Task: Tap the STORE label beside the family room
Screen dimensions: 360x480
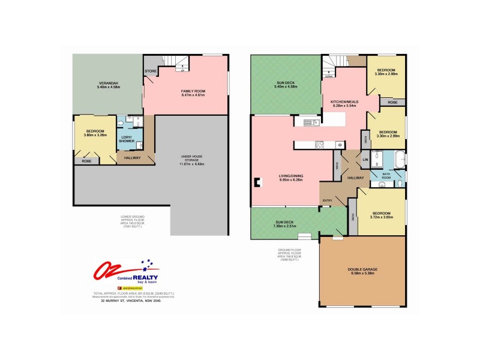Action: [x=150, y=71]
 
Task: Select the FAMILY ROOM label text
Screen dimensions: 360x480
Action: [x=193, y=91]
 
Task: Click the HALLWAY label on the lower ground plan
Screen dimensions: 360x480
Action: [x=132, y=158]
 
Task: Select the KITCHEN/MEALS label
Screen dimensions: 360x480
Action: [x=344, y=102]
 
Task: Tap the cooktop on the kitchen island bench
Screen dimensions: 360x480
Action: [x=320, y=144]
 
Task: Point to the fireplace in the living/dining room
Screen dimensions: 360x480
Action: [x=257, y=182]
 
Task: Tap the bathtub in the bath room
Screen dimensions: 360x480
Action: [x=397, y=160]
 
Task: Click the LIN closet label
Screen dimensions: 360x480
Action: [x=365, y=159]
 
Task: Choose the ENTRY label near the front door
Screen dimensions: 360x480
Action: [x=328, y=200]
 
